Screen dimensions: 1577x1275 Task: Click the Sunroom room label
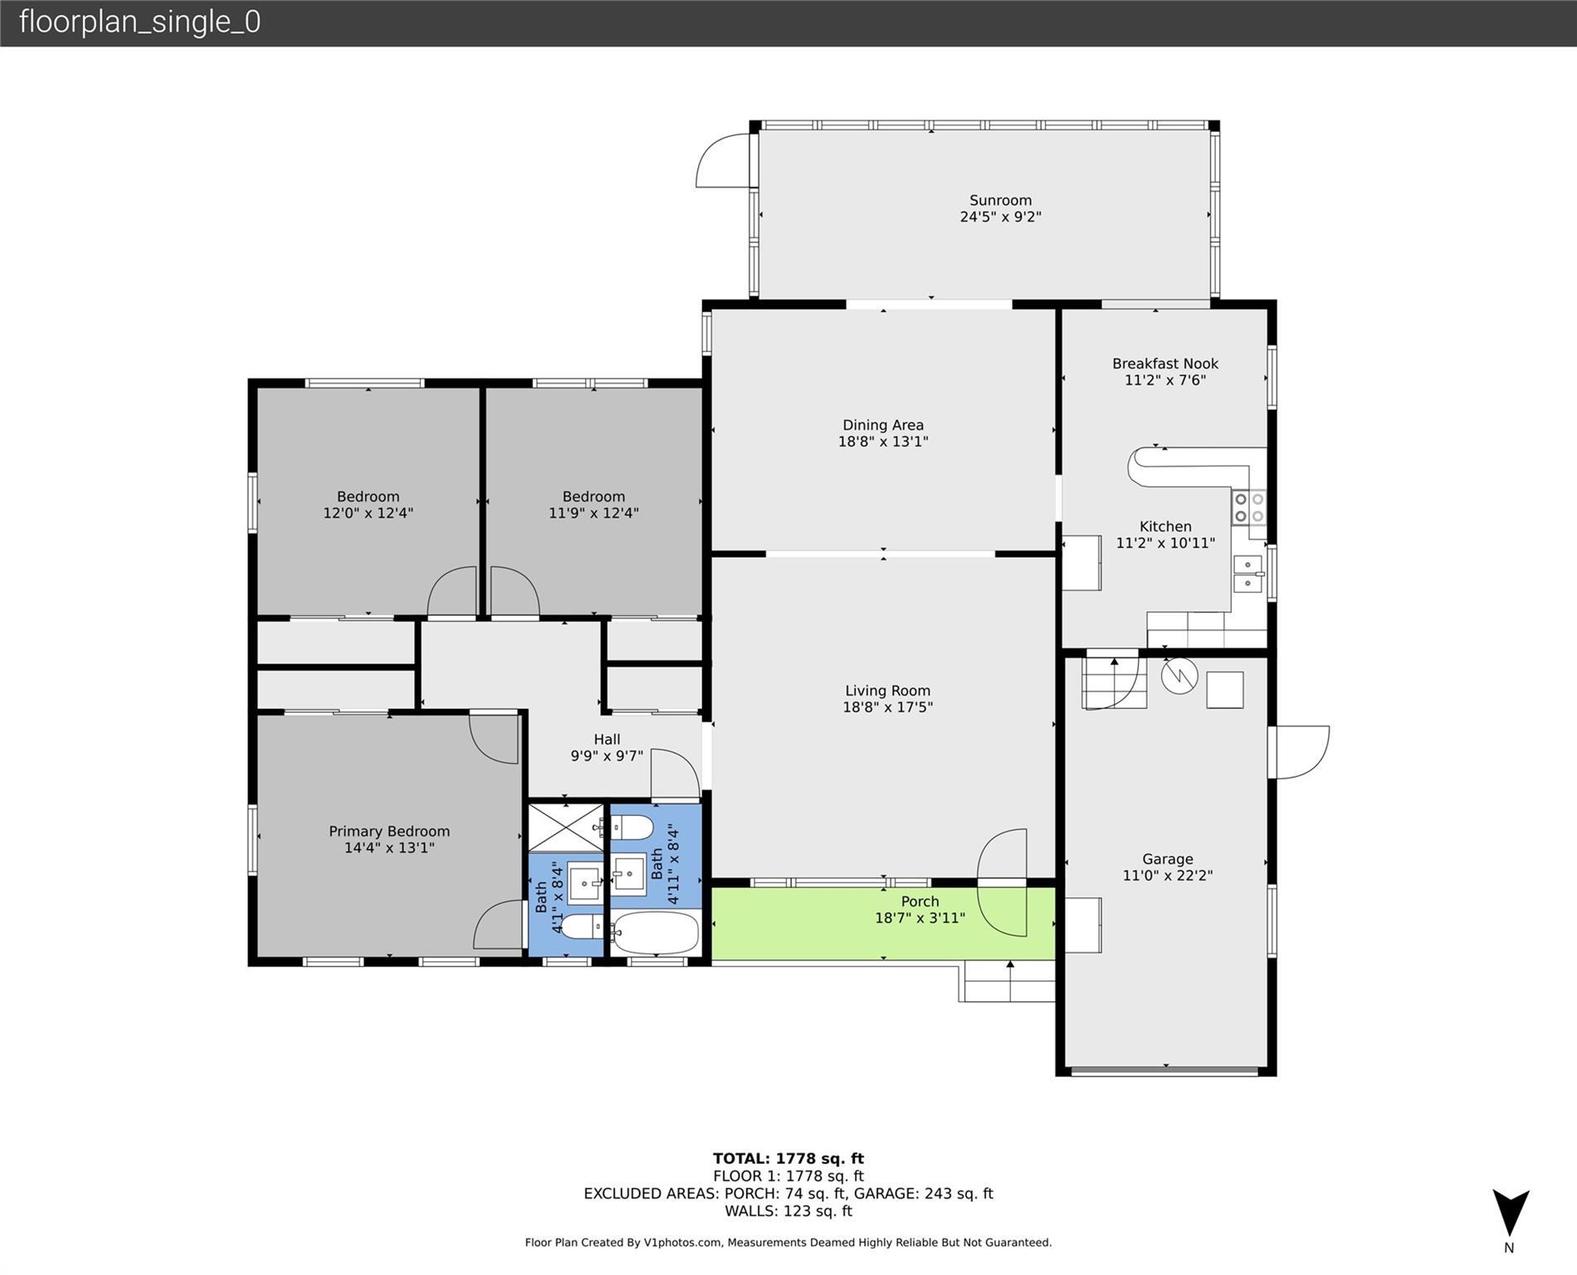1000,200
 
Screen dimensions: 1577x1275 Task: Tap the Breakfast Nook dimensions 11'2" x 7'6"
1165,380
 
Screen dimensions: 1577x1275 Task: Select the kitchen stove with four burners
1248,507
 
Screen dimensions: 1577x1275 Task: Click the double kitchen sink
1247,574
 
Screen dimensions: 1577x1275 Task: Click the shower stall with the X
566,828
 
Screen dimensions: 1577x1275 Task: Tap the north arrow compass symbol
1511,1214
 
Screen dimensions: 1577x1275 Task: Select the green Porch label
920,901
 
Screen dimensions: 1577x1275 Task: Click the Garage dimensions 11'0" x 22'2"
1168,875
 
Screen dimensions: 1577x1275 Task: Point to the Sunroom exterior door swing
724,159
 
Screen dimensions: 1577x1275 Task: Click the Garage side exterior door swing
1300,752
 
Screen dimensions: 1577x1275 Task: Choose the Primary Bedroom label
389,831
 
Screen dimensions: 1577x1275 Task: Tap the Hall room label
607,739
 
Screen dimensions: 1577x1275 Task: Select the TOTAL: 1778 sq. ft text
788,1158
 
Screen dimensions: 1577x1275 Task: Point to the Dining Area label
883,425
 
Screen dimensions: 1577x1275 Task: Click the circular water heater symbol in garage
1179,676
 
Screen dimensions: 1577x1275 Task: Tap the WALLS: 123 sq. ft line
788,1211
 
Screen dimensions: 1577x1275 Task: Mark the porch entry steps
1008,982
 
